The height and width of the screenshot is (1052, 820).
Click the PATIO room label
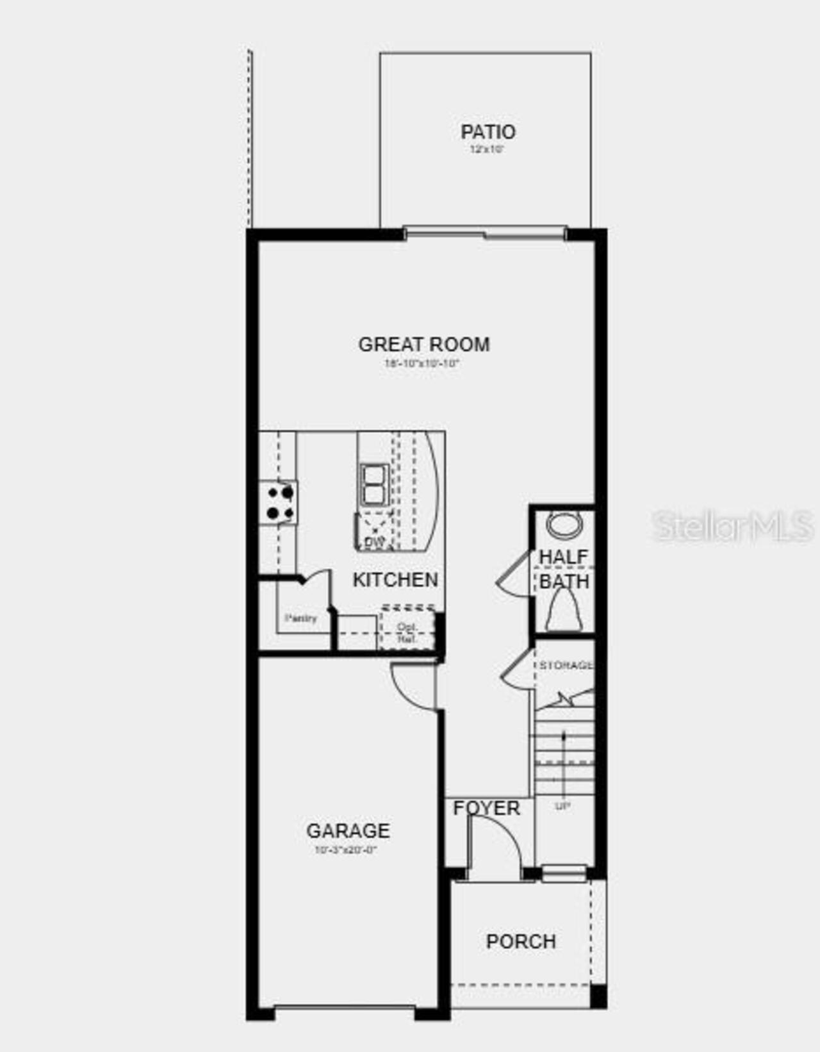tap(488, 132)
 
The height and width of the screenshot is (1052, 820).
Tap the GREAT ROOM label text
tap(424, 345)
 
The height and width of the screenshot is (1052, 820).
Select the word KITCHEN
tap(395, 580)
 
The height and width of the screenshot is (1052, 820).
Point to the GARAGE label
tap(348, 831)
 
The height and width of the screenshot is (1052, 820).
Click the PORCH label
tap(521, 942)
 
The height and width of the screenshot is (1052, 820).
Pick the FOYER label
tap(486, 809)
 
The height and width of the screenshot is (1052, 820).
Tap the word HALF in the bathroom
tap(563, 557)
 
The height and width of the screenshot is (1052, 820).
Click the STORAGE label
tap(566, 666)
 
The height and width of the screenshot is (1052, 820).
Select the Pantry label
tap(301, 618)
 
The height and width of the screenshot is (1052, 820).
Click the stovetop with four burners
tap(279, 503)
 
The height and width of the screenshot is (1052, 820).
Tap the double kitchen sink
tap(374, 485)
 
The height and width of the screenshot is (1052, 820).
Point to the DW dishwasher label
tap(375, 543)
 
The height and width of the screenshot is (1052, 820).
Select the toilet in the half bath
tap(564, 611)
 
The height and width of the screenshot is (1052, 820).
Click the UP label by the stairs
tap(562, 806)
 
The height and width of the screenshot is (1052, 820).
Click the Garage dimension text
tap(346, 851)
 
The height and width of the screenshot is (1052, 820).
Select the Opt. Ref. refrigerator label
tap(407, 633)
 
